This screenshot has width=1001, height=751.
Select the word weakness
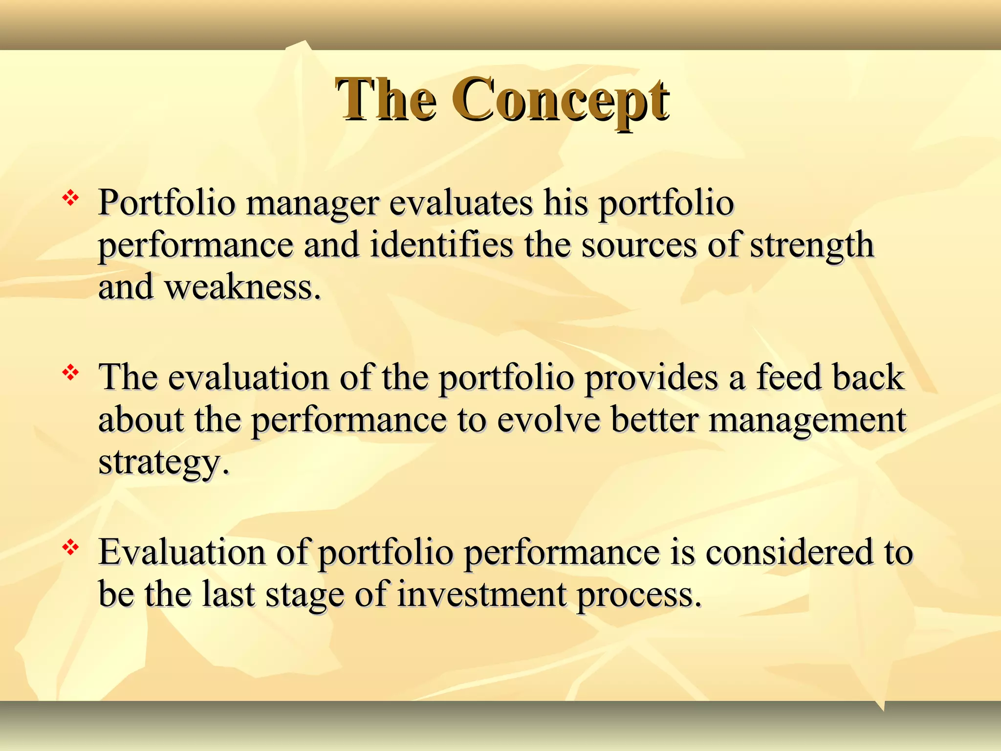(243, 287)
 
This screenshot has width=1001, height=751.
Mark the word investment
(481, 596)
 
